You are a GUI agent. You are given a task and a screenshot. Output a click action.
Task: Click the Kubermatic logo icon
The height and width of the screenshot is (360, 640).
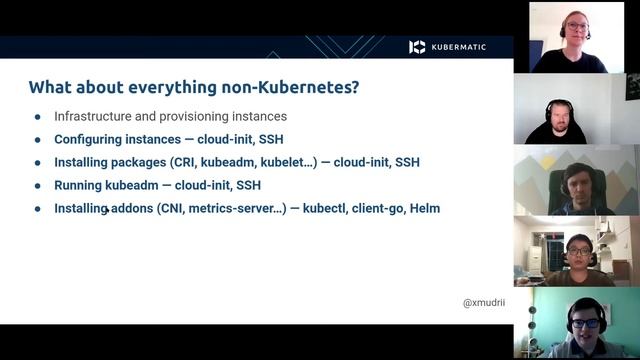(x=417, y=47)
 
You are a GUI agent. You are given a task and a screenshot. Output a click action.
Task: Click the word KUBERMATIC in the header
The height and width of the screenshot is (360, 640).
(x=459, y=47)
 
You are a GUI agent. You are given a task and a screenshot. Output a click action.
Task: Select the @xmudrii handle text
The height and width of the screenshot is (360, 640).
(x=483, y=302)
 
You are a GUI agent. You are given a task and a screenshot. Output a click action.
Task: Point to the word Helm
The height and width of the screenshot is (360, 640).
(x=423, y=208)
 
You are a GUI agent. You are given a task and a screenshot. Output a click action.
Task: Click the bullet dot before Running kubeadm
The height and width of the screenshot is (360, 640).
(x=38, y=185)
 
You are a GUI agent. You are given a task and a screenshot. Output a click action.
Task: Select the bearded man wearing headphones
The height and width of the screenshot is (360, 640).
(x=559, y=117)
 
